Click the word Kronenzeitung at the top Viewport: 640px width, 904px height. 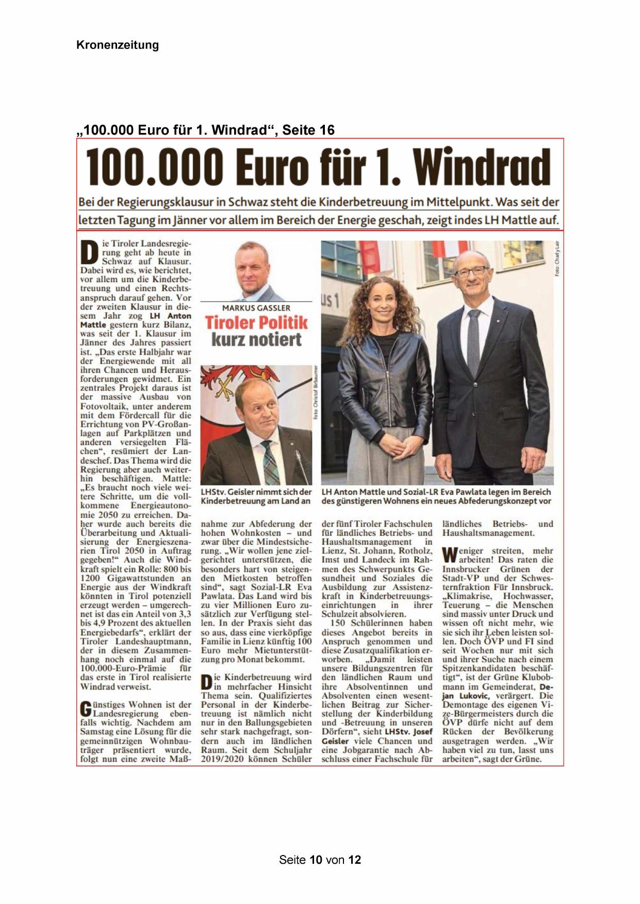click(x=118, y=45)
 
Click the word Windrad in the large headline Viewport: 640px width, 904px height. click(x=482, y=168)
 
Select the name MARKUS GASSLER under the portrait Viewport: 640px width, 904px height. click(x=256, y=308)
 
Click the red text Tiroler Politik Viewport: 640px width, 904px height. click(x=256, y=323)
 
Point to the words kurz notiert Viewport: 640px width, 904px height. click(x=256, y=340)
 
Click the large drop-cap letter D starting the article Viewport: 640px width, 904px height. click(x=90, y=253)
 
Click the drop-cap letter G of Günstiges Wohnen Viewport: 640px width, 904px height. click(x=86, y=709)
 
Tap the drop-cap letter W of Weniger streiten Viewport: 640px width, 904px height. click(x=450, y=555)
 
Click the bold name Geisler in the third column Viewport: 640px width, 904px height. click(x=335, y=741)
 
